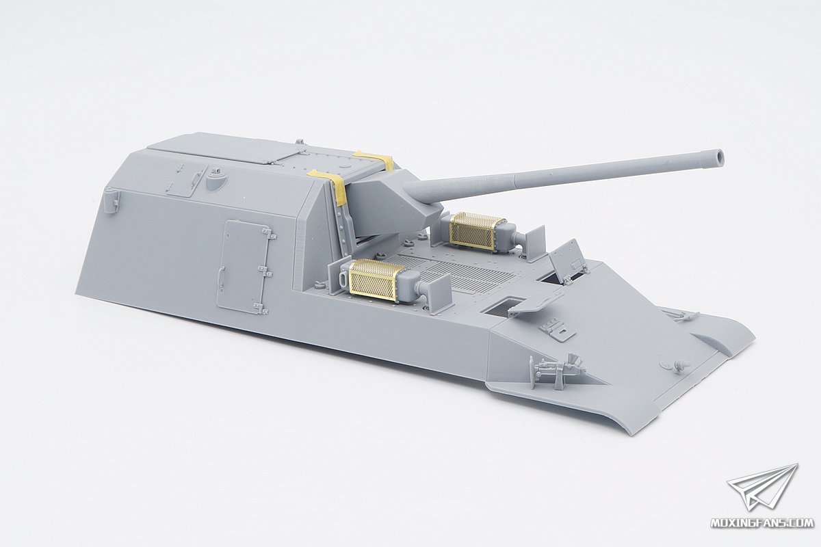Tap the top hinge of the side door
(268, 234)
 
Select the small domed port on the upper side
(216, 181)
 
